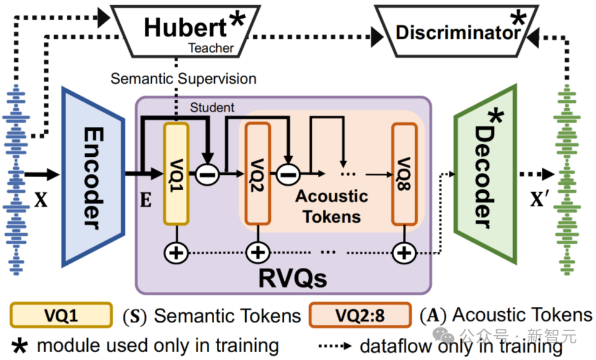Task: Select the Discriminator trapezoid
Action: click(x=457, y=31)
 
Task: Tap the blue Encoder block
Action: click(x=93, y=177)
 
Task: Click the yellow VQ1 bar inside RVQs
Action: click(x=177, y=174)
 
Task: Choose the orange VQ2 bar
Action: click(x=258, y=174)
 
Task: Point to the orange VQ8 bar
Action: click(x=405, y=174)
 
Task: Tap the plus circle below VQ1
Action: click(x=176, y=253)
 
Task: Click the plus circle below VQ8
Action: click(x=404, y=253)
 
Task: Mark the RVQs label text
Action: click(x=292, y=278)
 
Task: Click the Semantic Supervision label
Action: click(x=183, y=79)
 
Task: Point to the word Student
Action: click(x=212, y=108)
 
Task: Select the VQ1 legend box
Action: click(x=61, y=315)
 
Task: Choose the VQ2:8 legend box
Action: click(x=360, y=315)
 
